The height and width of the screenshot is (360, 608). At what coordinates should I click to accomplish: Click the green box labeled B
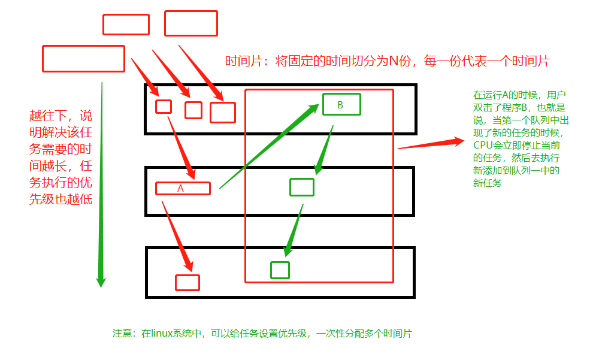341,104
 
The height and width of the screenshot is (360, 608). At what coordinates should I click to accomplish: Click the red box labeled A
183,188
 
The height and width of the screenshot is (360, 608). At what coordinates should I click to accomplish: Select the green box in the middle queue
301,187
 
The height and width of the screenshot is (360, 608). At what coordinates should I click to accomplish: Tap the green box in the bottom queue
280,270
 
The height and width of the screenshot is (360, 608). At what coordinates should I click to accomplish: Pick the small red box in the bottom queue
187,282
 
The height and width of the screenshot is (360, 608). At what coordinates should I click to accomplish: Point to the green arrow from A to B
270,147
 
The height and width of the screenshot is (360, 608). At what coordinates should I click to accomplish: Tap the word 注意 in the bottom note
122,334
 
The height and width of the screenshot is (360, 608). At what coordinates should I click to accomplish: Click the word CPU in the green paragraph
482,145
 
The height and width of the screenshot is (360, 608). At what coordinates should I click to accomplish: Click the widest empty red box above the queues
83,59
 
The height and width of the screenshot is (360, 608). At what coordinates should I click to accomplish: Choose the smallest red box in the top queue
164,107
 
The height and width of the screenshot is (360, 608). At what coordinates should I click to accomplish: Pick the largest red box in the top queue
222,113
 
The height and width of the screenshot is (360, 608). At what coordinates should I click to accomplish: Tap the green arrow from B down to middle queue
323,150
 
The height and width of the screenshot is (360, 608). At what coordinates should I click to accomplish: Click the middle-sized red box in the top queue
193,110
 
